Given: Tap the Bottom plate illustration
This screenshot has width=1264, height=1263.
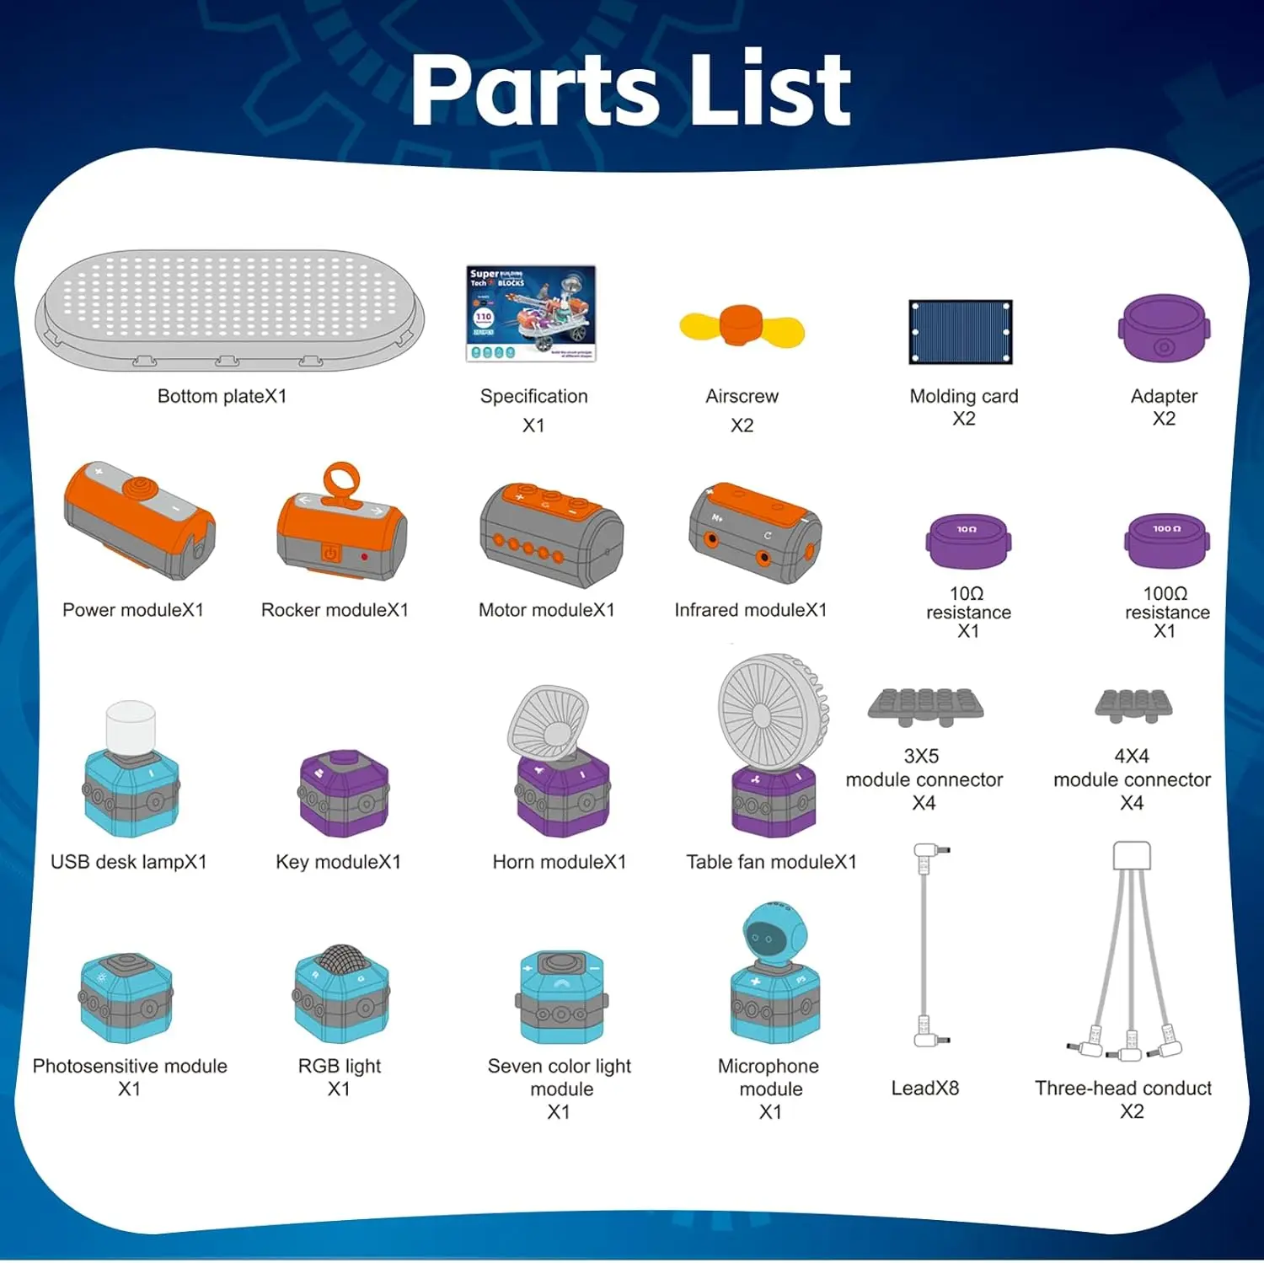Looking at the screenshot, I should click(229, 309).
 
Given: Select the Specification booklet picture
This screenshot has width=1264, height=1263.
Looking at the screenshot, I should click(531, 313).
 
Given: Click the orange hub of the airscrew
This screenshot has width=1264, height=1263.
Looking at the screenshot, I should click(741, 326).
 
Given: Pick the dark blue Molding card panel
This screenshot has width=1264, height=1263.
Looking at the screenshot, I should click(960, 332).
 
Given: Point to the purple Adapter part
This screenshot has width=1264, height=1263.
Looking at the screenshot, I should click(1164, 329).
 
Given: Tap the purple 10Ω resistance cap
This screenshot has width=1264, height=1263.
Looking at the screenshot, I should click(967, 541).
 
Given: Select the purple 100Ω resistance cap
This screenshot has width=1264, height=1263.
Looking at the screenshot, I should click(1166, 540).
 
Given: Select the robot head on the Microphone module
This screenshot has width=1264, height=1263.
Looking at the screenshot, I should click(774, 934).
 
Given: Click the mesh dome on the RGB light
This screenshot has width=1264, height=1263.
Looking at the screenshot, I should click(341, 960).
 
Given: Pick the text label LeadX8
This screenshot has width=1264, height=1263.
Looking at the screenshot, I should click(924, 1088).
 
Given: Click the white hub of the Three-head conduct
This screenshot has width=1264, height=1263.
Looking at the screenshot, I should click(1131, 855).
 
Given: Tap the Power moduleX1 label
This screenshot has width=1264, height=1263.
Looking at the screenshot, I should click(133, 610).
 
